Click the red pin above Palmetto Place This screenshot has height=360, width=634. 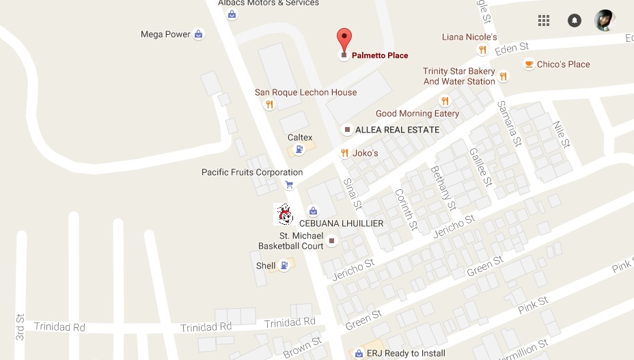pyautogui.click(x=344, y=39)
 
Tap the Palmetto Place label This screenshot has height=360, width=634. pyautogui.click(x=379, y=55)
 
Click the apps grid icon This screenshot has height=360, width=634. pyautogui.click(x=544, y=20)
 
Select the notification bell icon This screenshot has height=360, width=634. pyautogui.click(x=575, y=20)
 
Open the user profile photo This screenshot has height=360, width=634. pyautogui.click(x=605, y=20)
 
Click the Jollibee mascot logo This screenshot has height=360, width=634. pyautogui.click(x=285, y=214)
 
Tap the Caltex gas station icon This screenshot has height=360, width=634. pyautogui.click(x=299, y=150)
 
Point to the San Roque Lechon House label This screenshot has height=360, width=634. pyautogui.click(x=305, y=92)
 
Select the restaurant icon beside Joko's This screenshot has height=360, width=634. pyautogui.click(x=344, y=153)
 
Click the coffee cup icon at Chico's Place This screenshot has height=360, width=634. pyautogui.click(x=528, y=64)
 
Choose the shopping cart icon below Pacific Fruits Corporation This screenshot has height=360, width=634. pyautogui.click(x=289, y=185)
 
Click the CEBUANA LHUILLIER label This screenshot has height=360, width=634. pyautogui.click(x=342, y=223)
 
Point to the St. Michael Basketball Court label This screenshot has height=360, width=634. pyautogui.click(x=290, y=240)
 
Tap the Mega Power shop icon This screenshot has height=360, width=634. pyautogui.click(x=198, y=34)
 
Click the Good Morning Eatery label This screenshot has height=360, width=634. pyautogui.click(x=417, y=113)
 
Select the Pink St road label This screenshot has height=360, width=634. pyautogui.click(x=533, y=305)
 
